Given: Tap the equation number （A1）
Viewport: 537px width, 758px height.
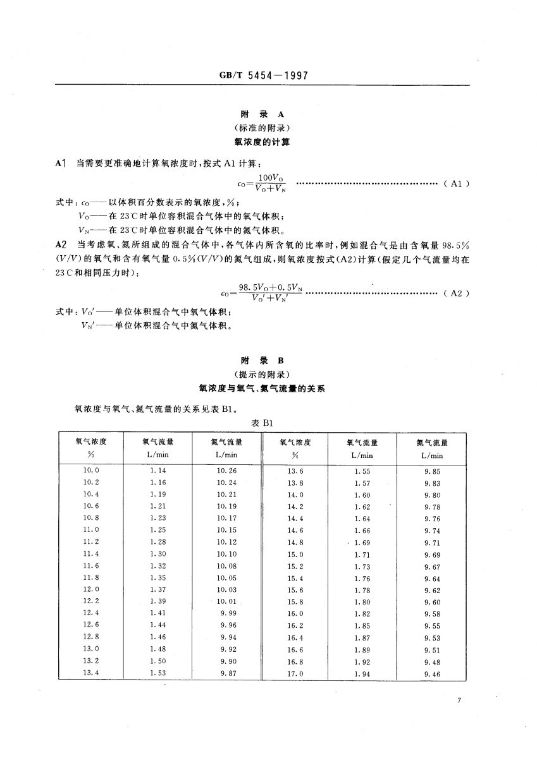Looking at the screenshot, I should pyautogui.click(x=455, y=184).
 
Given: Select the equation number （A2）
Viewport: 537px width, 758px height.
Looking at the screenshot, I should pyautogui.click(x=455, y=293).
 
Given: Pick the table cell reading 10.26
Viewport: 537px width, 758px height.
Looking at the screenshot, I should pyautogui.click(x=226, y=471).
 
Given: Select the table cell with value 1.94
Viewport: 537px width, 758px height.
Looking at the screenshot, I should pyautogui.click(x=362, y=675).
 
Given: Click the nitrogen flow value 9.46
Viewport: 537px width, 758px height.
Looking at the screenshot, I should pyautogui.click(x=432, y=675).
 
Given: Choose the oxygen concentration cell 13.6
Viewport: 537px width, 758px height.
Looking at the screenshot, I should pyautogui.click(x=295, y=471).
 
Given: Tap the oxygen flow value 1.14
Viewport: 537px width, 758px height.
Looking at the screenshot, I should pyautogui.click(x=158, y=471).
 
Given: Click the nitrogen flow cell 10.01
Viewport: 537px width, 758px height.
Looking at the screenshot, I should pyautogui.click(x=226, y=602).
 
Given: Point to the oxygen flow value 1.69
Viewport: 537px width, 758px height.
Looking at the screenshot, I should pyautogui.click(x=362, y=543).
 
